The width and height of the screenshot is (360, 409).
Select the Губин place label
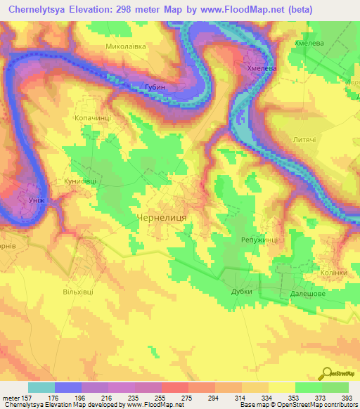(x=155, y=87)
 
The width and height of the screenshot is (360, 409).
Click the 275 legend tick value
(x=188, y=397)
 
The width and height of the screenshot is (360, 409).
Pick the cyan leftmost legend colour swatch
(x=41, y=387)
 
